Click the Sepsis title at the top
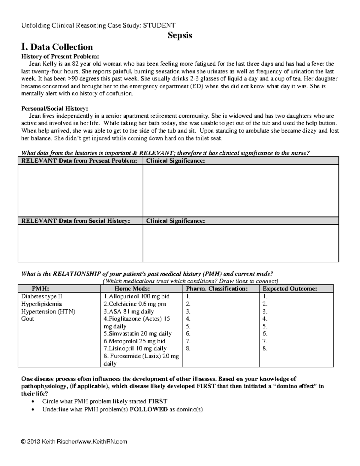pyautogui.click(x=180, y=35)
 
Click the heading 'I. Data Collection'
pyautogui.click(x=57, y=47)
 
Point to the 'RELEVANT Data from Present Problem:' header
pyautogui.click(x=79, y=161)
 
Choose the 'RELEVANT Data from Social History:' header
pyautogui.click(x=76, y=221)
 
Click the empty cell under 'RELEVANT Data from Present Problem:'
pyautogui.click(x=80, y=190)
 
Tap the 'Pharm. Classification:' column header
pyautogui.click(x=217, y=289)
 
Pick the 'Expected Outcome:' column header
pyautogui.click(x=290, y=289)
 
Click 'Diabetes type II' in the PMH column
pyautogui.click(x=42, y=296)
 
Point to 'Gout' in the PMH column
pyautogui.click(x=28, y=319)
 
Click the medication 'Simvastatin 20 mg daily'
pyautogui.click(x=138, y=334)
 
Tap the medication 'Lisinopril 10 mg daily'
pyautogui.click(x=135, y=348)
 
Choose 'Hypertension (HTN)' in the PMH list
pyautogui.click(x=48, y=311)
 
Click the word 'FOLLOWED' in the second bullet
pyautogui.click(x=148, y=409)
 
